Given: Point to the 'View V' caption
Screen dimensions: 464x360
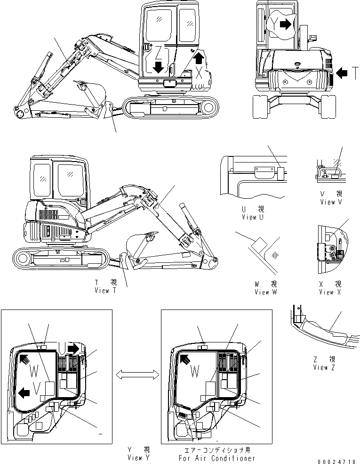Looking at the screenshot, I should coord(331,202).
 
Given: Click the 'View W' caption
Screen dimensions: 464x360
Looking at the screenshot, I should coord(265,292).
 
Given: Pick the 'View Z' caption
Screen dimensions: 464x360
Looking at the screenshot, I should coord(324,367).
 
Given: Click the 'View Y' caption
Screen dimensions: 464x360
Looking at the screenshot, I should coord(139,458).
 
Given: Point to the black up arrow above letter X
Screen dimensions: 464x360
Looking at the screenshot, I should coord(199,58).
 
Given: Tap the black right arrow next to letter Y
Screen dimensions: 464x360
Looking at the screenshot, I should coord(285,25).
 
